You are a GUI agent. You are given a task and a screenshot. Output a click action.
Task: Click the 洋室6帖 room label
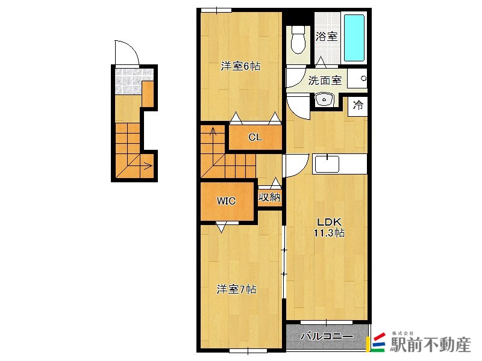[x=240, y=67]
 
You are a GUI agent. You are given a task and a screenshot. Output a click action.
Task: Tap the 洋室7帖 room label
[x=237, y=289]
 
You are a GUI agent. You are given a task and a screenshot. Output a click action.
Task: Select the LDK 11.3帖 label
[x=328, y=227]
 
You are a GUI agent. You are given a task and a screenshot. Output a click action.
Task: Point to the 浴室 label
[x=327, y=36]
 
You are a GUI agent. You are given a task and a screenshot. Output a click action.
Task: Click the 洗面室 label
[x=325, y=81]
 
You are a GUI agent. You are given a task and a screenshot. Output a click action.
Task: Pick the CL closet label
[x=255, y=137]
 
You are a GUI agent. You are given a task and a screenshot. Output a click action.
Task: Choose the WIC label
[x=226, y=201]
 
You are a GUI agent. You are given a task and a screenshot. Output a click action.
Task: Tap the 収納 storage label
[x=269, y=197]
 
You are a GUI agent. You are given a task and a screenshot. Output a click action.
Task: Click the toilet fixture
[x=298, y=40]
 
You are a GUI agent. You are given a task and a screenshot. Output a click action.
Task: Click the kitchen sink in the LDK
[x=327, y=163]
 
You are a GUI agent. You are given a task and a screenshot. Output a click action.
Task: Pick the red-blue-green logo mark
[x=377, y=343]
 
